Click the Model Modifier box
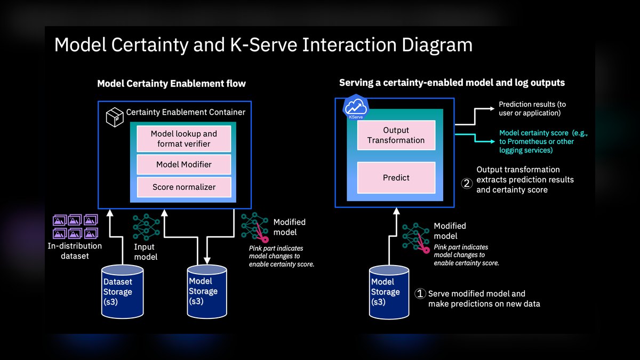click(183, 164)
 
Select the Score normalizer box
click(184, 187)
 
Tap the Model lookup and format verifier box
click(183, 139)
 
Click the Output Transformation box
click(396, 135)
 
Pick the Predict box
click(396, 178)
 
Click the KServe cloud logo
click(356, 107)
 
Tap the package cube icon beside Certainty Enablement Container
click(115, 117)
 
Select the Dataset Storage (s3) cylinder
click(123, 292)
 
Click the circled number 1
click(420, 293)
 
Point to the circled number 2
click(467, 183)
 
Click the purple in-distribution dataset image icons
click(75, 227)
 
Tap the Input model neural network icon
click(146, 227)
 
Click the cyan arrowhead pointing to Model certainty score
click(493, 141)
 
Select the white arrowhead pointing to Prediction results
click(492, 109)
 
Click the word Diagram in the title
click(437, 45)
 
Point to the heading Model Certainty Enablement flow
click(171, 83)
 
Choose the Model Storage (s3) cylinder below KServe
click(389, 292)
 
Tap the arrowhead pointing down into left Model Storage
click(207, 261)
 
